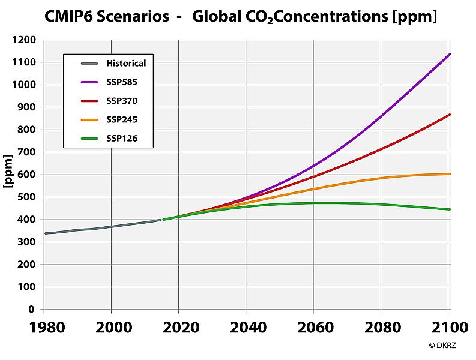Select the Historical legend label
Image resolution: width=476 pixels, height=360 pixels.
[126, 63]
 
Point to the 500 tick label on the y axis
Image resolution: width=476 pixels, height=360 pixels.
[27, 197]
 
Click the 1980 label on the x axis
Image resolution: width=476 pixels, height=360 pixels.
[44, 328]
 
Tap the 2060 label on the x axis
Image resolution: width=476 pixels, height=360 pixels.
[314, 328]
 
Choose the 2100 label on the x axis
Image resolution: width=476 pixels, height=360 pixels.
[448, 328]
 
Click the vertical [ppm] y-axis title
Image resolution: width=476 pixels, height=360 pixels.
[8, 174]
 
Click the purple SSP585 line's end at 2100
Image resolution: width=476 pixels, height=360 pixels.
[450, 55]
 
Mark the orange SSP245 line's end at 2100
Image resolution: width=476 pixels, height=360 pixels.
[450, 174]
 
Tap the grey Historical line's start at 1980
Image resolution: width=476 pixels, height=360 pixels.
[45, 233]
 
